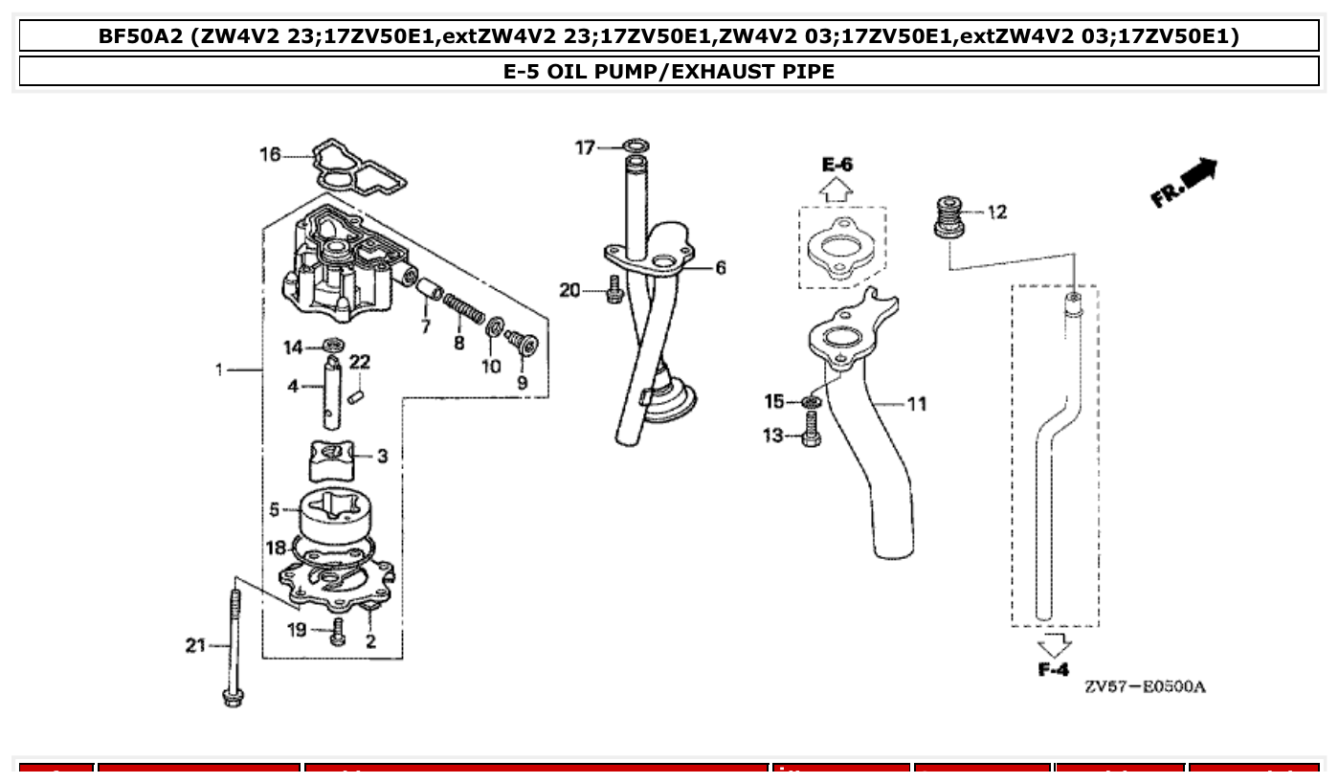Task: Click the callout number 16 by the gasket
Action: [x=271, y=154]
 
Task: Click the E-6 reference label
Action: [x=837, y=165]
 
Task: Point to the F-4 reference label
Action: [x=1053, y=670]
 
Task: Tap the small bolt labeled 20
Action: [x=614, y=290]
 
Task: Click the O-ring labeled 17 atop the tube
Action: [x=636, y=146]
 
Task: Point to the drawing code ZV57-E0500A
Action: [x=1145, y=687]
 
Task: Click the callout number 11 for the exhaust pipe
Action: [x=917, y=404]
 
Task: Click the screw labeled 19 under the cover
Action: [x=337, y=632]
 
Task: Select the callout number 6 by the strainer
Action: [x=720, y=268]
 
